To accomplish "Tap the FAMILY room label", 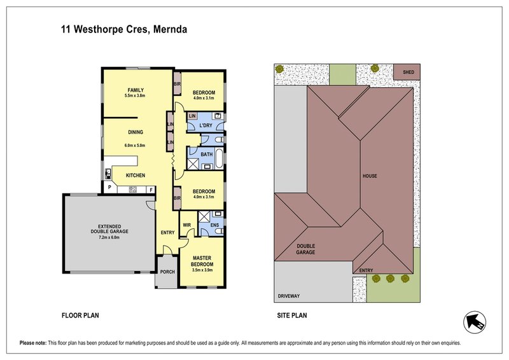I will (x=136, y=90).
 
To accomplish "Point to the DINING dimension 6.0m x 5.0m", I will (x=136, y=146).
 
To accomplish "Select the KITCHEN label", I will (x=136, y=175).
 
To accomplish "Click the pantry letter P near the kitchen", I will (x=109, y=188).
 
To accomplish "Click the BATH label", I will (x=206, y=154).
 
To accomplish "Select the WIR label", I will (x=187, y=225).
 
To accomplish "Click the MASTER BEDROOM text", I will (x=202, y=261).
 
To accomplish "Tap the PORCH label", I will (x=167, y=272).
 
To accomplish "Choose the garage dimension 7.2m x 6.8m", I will (x=109, y=237).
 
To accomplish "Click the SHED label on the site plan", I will (x=407, y=72).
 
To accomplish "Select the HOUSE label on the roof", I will (x=370, y=176).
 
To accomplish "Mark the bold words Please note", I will (x=33, y=342).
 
